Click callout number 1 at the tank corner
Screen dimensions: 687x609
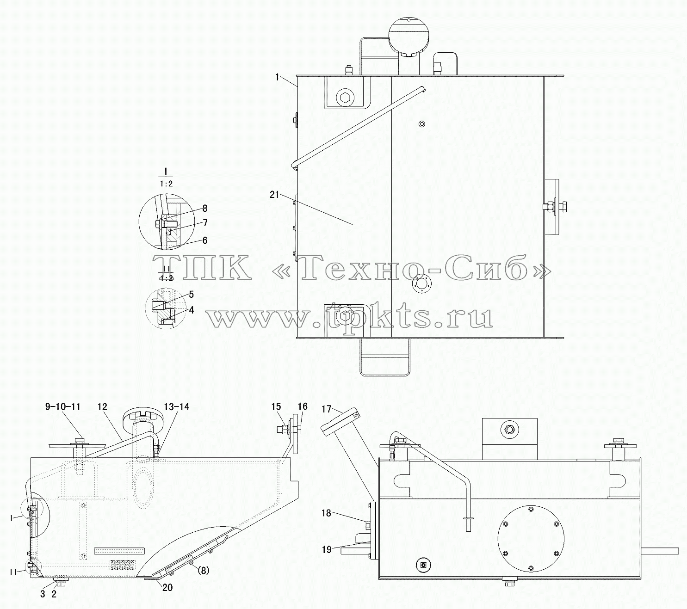[x=277, y=78]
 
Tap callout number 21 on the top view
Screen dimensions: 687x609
[x=274, y=195]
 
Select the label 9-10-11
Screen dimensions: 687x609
[x=63, y=406]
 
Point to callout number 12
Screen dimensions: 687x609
[x=102, y=406]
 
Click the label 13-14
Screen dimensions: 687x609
[x=177, y=406]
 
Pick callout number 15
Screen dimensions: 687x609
[x=276, y=406]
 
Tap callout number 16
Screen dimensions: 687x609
[x=303, y=406]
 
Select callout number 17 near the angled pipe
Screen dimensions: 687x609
[x=326, y=409]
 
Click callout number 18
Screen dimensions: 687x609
[x=326, y=513]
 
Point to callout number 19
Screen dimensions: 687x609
[x=327, y=550]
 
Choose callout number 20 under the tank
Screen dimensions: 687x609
[x=167, y=588]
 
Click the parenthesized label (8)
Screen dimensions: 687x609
[x=203, y=571]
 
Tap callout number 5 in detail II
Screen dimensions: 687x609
[x=191, y=295]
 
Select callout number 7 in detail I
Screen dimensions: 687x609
[x=205, y=223]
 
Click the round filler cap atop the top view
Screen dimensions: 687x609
[x=408, y=35]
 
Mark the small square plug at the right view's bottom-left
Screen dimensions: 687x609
[x=423, y=565]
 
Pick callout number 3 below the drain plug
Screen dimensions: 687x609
[x=43, y=594]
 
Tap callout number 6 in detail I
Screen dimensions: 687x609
[x=205, y=240]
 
